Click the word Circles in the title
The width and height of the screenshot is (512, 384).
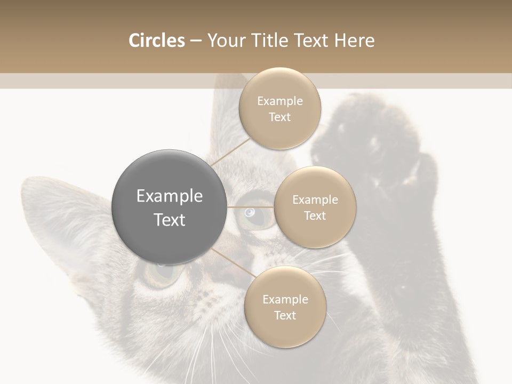pos(156,41)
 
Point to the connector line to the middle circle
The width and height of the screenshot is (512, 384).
pos(251,207)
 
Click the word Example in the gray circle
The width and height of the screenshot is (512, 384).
pos(170,196)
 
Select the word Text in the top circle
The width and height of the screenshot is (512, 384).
pos(280,117)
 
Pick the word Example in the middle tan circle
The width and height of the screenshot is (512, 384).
pos(315,200)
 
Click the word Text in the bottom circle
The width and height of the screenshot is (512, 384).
pos(285,316)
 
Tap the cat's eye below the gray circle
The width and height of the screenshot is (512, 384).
pos(160,272)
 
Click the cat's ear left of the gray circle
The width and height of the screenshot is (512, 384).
pos(59,213)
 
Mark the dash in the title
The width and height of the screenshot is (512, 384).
pos(195,41)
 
